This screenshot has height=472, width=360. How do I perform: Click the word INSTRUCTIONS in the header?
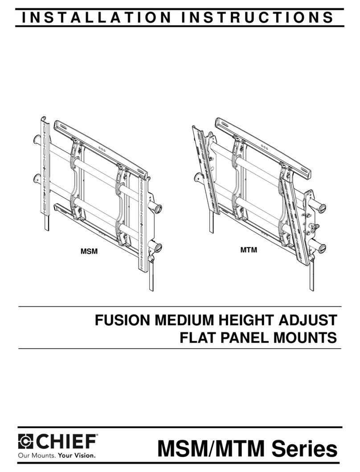click(x=257, y=17)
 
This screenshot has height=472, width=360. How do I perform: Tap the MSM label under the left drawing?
click(x=89, y=251)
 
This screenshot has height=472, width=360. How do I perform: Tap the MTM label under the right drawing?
click(x=249, y=249)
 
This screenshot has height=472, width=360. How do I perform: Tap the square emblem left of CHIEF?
click(x=26, y=442)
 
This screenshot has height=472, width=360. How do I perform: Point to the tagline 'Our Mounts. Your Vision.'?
click(x=57, y=456)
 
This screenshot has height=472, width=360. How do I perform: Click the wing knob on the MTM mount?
click(x=315, y=227)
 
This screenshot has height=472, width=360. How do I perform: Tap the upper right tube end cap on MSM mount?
click(x=158, y=208)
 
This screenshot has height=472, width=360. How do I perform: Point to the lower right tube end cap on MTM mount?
click(x=321, y=249)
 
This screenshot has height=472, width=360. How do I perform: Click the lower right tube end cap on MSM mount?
click(x=158, y=248)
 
